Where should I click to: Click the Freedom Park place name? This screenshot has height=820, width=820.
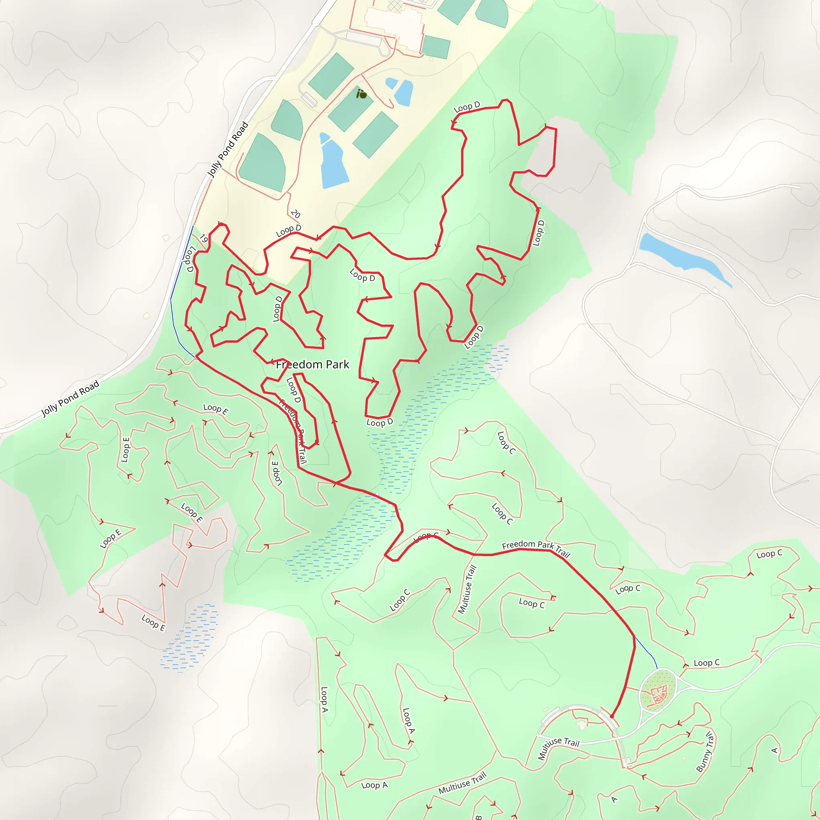coord(312,365)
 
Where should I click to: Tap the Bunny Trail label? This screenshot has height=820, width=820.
coord(705,751)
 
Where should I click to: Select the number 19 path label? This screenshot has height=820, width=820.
coord(204,239)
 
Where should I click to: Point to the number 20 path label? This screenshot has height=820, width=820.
coord(295,214)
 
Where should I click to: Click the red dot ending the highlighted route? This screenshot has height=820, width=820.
coord(612,716)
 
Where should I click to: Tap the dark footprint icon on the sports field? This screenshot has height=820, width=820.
coord(361,94)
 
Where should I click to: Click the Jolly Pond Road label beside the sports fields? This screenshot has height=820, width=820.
coord(227,149)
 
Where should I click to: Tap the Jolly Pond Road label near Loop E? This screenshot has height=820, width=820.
coord(70,398)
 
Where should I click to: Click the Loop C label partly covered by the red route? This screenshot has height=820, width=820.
coord(426,537)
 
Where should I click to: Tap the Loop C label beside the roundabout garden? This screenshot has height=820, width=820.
coord(707,663)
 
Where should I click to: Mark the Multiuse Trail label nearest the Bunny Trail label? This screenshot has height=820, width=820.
coord(558,748)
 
